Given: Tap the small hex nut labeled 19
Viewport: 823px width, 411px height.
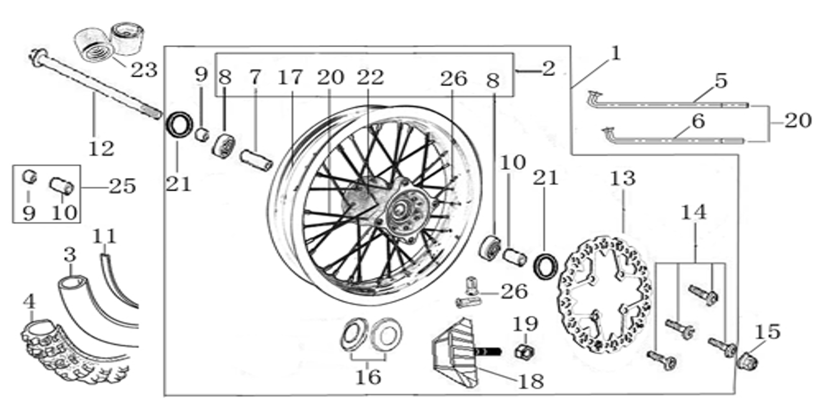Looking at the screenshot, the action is pos(524,351).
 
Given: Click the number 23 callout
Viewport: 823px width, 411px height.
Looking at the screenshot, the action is pos(144,70).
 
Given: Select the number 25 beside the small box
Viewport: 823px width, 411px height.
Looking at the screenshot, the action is pos(123,186).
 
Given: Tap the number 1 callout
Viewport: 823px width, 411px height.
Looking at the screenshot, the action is pos(615,53).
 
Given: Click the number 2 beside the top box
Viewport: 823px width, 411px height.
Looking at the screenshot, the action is pos(549,69).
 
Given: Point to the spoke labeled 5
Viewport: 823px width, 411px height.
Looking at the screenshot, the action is pos(667,103).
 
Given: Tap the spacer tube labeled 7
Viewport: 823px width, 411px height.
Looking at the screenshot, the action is pos(256,160).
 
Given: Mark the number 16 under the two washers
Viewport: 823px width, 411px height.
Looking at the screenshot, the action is pos(368,377).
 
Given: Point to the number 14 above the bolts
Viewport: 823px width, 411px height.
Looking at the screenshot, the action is pos(693,212).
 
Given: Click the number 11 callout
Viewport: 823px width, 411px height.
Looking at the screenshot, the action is pos(104,236).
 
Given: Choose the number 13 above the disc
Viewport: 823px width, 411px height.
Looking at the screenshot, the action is pos(622,178).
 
